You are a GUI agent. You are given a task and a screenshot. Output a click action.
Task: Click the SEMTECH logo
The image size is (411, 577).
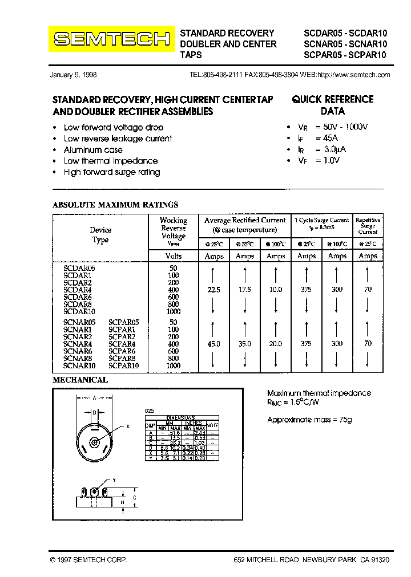point(111,39)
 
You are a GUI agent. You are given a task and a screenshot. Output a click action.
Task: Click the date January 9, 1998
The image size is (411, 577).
point(74,75)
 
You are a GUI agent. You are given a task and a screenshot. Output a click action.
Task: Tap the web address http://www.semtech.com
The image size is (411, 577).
point(353,75)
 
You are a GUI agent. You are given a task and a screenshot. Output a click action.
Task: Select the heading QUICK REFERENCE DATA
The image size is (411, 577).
point(332,105)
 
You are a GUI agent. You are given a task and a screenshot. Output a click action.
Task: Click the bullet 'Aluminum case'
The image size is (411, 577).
point(93,149)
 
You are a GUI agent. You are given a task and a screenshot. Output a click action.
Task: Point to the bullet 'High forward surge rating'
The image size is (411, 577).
point(112,172)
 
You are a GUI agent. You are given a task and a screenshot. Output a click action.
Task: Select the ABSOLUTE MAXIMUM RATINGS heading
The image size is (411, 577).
point(115,204)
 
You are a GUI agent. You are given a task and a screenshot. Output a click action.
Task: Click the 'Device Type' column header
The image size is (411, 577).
point(100,235)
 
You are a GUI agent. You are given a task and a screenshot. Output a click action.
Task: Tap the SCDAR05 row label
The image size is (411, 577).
point(79,267)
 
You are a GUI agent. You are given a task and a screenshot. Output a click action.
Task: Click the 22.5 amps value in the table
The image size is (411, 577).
point(214,290)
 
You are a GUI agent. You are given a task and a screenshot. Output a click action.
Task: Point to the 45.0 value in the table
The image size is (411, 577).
point(214,344)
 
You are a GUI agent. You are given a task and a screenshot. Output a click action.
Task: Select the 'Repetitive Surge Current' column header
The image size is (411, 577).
point(368,225)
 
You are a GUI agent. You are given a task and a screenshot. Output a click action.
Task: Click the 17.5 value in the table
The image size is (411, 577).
point(245,290)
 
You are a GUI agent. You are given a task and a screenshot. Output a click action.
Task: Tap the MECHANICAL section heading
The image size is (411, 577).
point(80,380)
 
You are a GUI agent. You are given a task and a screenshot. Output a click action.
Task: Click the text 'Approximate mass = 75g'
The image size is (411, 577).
point(310,420)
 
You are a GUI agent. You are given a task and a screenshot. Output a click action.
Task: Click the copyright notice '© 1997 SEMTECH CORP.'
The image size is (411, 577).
point(88,560)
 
